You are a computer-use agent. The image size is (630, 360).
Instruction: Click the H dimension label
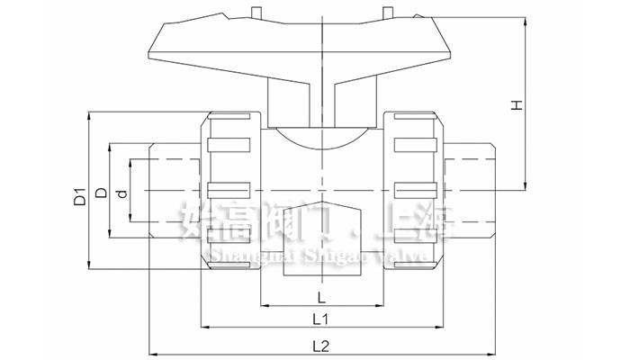click(516, 105)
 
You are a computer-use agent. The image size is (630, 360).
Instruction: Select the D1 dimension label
click(79, 194)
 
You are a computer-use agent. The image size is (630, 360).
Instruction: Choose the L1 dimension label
click(319, 319)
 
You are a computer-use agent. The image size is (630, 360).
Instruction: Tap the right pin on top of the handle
click(389, 12)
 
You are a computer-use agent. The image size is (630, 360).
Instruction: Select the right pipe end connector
click(468, 190)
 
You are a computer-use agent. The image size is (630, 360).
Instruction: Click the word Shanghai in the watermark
click(233, 257)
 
